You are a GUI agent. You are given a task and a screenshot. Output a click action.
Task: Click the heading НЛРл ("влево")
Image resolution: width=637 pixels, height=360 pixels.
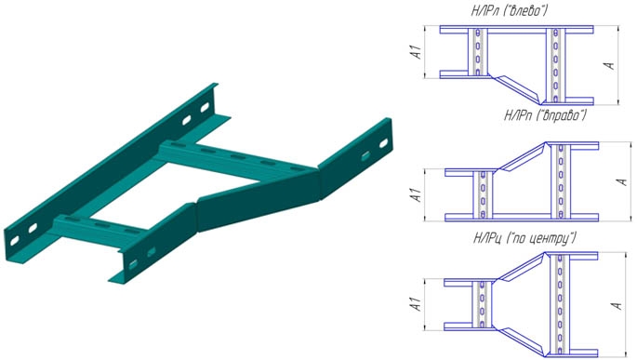click(509, 10)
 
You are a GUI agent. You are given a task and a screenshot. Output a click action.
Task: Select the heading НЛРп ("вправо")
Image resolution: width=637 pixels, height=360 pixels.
click(545, 115)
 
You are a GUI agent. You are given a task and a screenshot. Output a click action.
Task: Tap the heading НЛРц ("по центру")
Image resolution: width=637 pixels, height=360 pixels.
click(524, 238)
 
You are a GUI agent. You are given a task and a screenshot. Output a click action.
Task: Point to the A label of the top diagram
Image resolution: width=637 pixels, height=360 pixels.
click(609, 65)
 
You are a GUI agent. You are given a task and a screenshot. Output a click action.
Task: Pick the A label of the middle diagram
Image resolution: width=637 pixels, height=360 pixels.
click(621, 181)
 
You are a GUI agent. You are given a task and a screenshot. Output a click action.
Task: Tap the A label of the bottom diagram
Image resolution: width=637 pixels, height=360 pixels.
click(617, 305)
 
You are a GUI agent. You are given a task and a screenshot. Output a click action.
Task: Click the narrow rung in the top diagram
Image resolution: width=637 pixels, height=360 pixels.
click(478, 52)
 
